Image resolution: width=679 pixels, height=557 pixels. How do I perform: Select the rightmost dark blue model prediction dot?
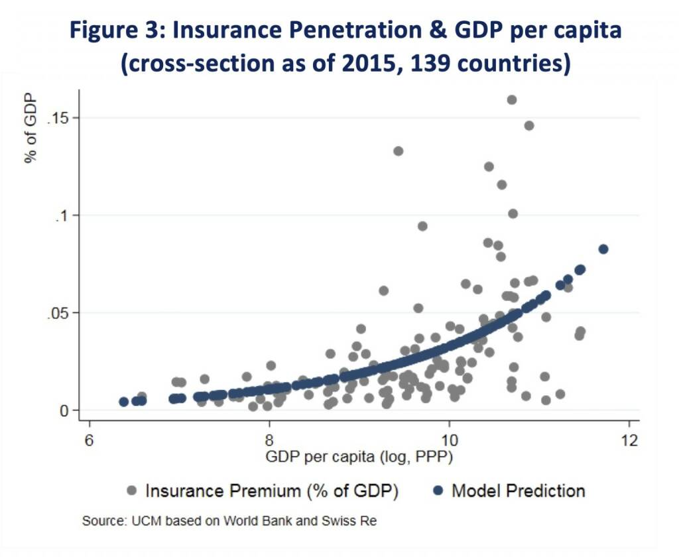pos(603,249)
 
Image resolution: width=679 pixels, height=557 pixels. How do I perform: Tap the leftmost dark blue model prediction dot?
pos(123,402)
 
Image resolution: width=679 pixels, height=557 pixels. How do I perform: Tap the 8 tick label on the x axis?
pos(269,440)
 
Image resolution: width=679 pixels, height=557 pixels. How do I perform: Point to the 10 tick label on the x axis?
pos(449,440)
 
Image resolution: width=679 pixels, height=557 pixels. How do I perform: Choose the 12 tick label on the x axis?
pos(629,440)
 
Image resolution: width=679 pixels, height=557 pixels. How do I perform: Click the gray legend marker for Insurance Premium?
pos(131,491)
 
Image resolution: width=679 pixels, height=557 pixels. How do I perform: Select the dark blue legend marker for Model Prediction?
pos(438,491)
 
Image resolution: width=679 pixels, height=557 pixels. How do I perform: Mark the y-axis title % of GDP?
pos(31,129)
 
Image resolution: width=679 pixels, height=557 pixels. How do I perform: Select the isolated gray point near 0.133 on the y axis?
pos(398,151)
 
